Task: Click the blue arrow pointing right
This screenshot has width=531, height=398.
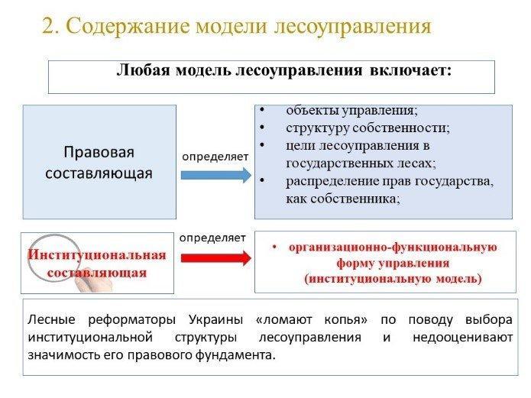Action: click(216, 175)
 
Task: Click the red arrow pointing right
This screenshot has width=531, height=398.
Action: click(216, 258)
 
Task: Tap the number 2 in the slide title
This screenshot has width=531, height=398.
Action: click(48, 26)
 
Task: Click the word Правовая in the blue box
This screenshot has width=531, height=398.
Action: click(99, 152)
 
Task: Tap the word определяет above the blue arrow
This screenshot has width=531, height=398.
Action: click(215, 157)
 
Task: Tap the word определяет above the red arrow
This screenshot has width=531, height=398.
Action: click(212, 238)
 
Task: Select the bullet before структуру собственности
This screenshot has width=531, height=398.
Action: click(261, 128)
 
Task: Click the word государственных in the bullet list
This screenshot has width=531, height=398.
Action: click(343, 163)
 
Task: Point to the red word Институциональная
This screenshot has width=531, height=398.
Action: click(97, 254)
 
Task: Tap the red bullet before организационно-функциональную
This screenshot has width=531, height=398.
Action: click(274, 248)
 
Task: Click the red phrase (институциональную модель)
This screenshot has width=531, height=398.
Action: click(393, 279)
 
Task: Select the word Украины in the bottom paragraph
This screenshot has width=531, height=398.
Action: click(215, 319)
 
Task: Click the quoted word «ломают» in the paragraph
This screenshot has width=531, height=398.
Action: click(283, 320)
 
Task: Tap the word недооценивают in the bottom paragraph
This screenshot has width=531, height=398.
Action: click(462, 338)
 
